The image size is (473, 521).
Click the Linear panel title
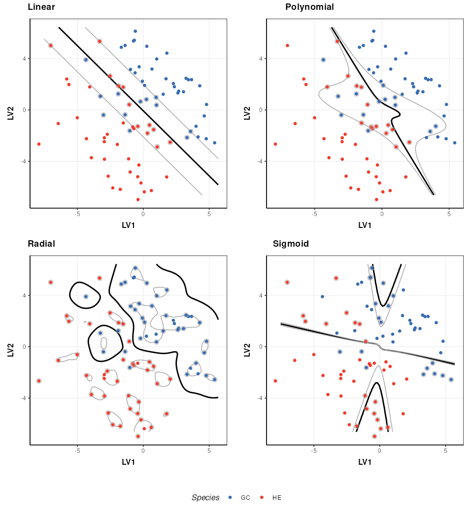(41, 7)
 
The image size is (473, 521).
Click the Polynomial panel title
(309, 7)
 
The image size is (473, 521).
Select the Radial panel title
(41, 244)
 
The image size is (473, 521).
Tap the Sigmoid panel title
(291, 244)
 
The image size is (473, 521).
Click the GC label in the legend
(245, 497)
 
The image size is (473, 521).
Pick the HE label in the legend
(277, 497)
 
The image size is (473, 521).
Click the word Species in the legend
(205, 497)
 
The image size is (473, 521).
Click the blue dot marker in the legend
(230, 497)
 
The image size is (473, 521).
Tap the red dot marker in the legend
(262, 497)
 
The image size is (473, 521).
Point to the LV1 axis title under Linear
(128, 225)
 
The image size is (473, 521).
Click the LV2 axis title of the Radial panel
(10, 350)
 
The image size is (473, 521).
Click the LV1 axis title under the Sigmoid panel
(365, 462)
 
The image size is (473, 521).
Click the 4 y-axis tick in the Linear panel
(24, 59)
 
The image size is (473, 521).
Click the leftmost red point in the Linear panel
(39, 144)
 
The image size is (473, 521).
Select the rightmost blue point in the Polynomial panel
(454, 143)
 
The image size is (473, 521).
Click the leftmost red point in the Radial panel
(39, 381)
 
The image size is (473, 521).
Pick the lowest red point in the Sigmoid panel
(374, 436)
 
